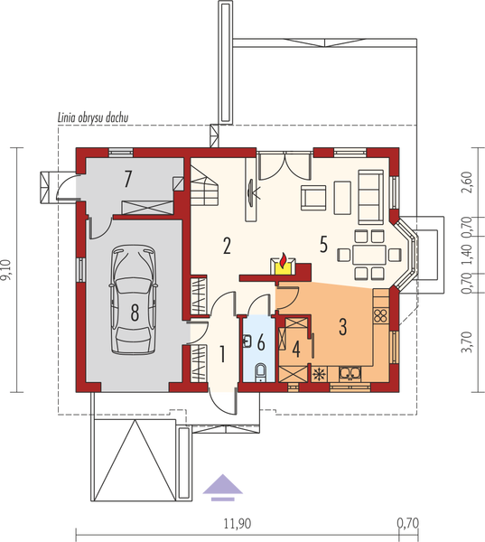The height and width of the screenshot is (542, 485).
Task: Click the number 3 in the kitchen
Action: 342,326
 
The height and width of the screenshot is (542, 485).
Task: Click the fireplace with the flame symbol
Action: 284,265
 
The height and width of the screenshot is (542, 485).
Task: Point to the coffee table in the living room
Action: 342,194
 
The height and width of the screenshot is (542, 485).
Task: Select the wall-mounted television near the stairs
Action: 249,191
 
